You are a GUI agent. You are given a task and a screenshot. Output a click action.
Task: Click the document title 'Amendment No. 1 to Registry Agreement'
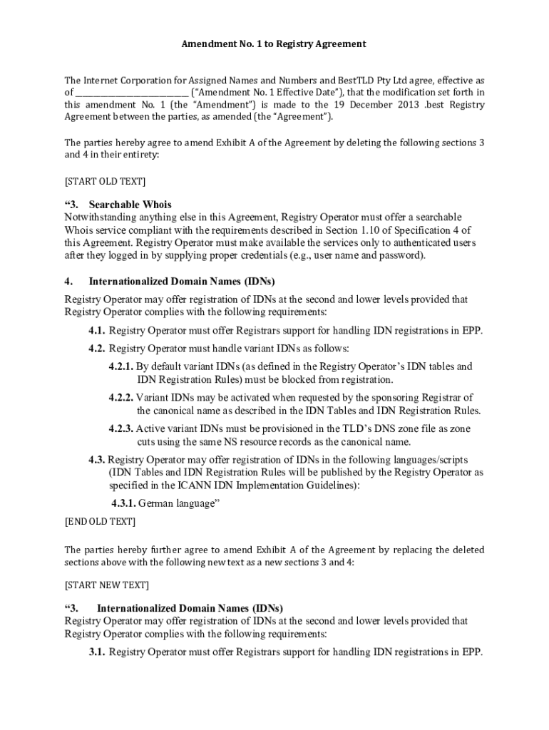point(274,43)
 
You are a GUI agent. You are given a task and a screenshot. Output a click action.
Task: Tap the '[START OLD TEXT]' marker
point(105,180)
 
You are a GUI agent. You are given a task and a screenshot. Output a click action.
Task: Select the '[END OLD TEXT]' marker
point(100,521)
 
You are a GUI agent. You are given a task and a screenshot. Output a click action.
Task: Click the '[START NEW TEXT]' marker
point(107,585)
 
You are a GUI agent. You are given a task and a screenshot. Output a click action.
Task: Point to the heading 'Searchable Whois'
point(130,205)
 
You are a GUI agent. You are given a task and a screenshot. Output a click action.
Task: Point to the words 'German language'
point(178,503)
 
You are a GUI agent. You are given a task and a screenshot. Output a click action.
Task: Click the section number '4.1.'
point(98,330)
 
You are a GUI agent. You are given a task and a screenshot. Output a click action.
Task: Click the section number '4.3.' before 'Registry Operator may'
point(98,459)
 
